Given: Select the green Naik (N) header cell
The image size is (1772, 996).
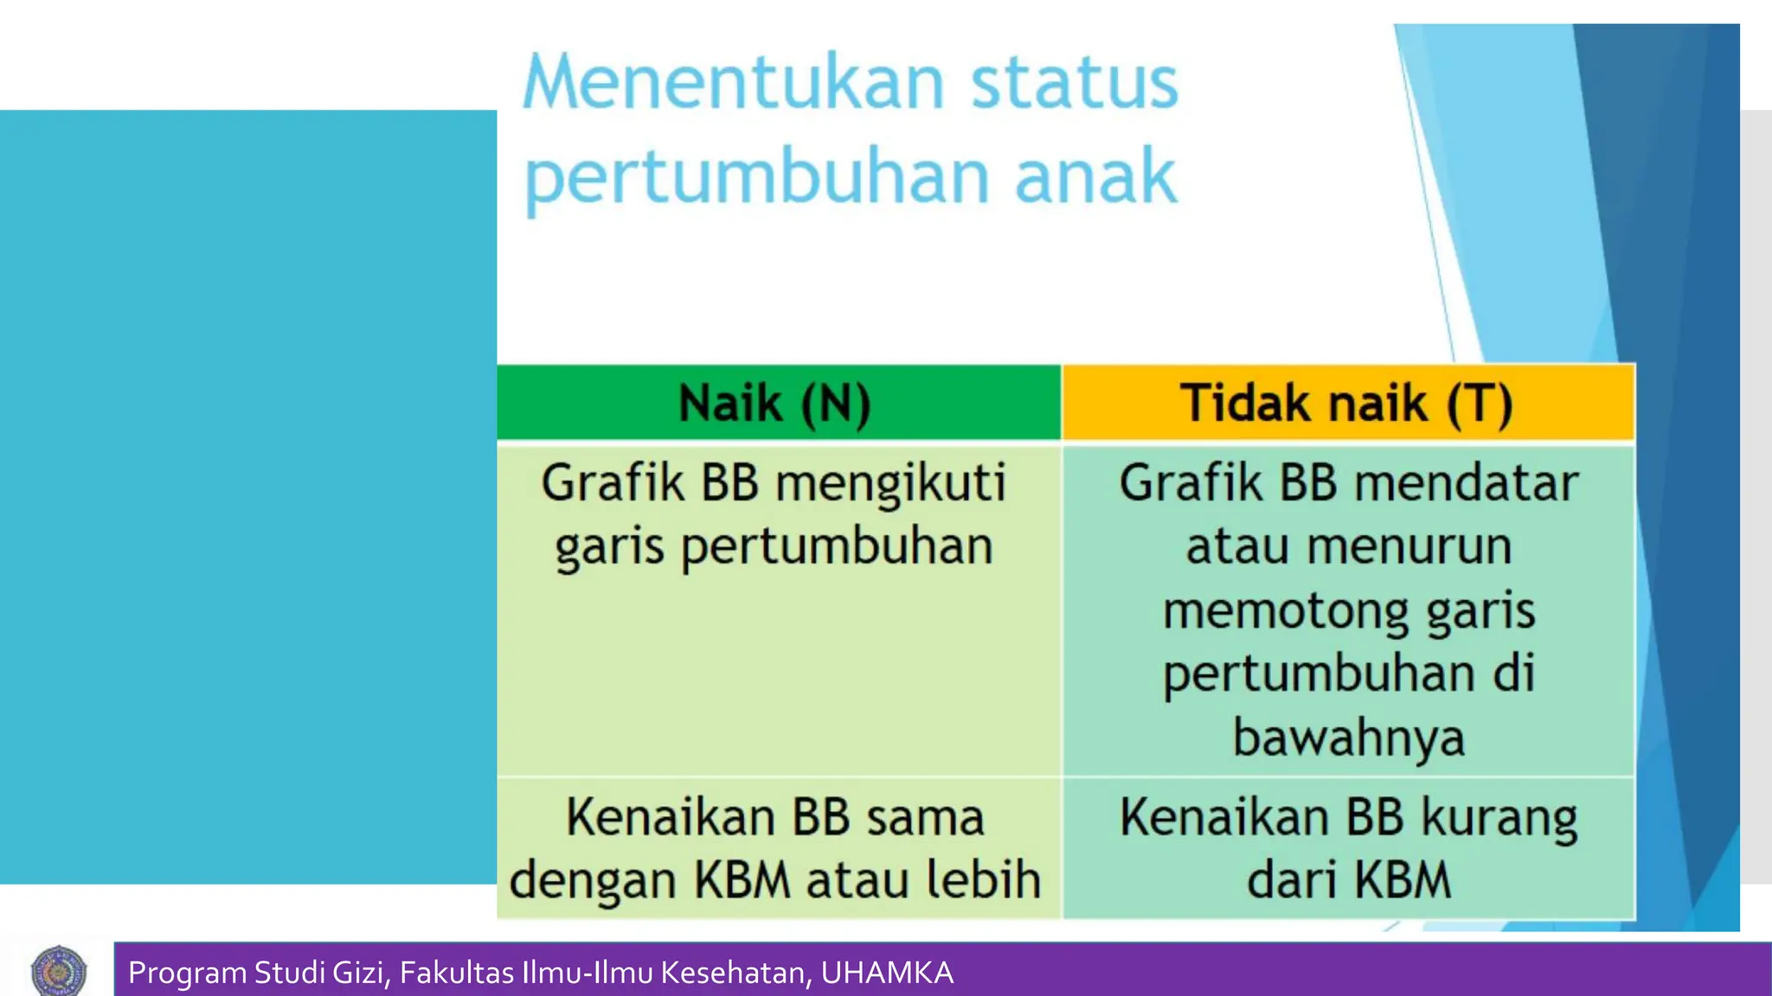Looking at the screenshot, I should (778, 403).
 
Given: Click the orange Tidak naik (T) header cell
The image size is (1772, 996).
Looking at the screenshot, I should (1347, 403).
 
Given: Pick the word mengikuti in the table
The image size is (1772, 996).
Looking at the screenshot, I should (890, 483).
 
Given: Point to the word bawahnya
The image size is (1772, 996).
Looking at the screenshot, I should (1348, 737).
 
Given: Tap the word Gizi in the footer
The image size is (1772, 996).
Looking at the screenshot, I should (358, 973).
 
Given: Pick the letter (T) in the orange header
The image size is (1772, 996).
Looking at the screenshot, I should (1480, 403).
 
